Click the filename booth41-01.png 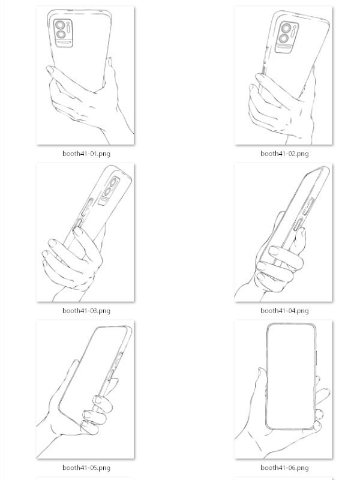pyautogui.click(x=86, y=154)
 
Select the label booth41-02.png pyautogui.click(x=284, y=154)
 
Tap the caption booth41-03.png pyautogui.click(x=86, y=311)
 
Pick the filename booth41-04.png pyautogui.click(x=284, y=311)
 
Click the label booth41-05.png pyautogui.click(x=86, y=467)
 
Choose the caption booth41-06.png pyautogui.click(x=284, y=467)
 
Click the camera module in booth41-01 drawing pyautogui.click(x=62, y=32)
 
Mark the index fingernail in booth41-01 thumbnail pyautogui.click(x=51, y=71)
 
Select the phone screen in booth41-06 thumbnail pyautogui.click(x=291, y=375)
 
